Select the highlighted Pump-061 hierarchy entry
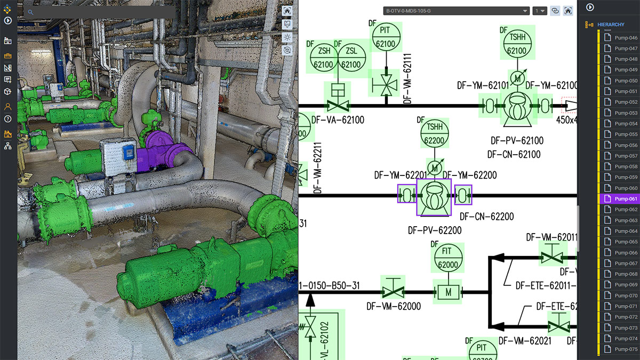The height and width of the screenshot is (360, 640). pyautogui.click(x=626, y=199)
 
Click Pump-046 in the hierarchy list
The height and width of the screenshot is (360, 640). pyautogui.click(x=626, y=38)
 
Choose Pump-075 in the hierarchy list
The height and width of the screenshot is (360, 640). pyautogui.click(x=626, y=349)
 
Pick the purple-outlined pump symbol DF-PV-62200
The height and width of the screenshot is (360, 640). pyautogui.click(x=434, y=197)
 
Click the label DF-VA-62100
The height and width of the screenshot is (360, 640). pyautogui.click(x=338, y=120)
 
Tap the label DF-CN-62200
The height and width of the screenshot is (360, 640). pyautogui.click(x=486, y=217)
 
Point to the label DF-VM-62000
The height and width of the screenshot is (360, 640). pyautogui.click(x=393, y=306)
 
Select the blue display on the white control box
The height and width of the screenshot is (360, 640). pyautogui.click(x=129, y=153)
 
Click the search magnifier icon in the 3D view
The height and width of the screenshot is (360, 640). pyautogui.click(x=30, y=12)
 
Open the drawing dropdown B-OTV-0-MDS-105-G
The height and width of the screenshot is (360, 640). pyautogui.click(x=456, y=11)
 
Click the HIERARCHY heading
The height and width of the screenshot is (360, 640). pyautogui.click(x=611, y=25)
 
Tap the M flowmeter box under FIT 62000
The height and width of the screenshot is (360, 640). pyautogui.click(x=448, y=292)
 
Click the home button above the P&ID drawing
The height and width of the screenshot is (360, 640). pyautogui.click(x=569, y=11)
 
